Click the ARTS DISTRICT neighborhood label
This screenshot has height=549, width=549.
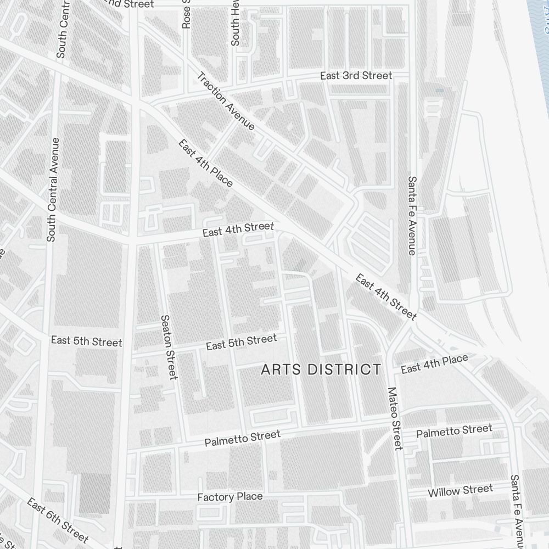click(x=321, y=369)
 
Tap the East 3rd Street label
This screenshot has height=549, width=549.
click(x=356, y=76)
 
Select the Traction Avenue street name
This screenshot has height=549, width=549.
click(x=226, y=102)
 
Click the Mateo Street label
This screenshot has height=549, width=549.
click(x=395, y=418)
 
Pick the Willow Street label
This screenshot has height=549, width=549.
click(x=460, y=490)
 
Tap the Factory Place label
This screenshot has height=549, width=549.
click(x=229, y=497)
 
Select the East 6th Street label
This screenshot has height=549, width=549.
click(x=57, y=520)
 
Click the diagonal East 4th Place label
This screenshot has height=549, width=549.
click(x=206, y=163)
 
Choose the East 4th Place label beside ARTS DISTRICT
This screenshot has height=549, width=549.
click(x=434, y=364)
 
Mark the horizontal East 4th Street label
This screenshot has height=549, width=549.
click(x=238, y=229)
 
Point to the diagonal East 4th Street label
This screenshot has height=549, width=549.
click(x=386, y=297)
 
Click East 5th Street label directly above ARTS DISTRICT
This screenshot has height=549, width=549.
click(x=242, y=342)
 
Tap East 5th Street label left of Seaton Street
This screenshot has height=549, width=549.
click(x=86, y=341)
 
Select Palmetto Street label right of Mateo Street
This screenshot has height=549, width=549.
click(x=454, y=431)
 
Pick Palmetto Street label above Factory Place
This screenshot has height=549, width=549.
click(x=242, y=438)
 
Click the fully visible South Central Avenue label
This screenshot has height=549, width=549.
click(x=52, y=189)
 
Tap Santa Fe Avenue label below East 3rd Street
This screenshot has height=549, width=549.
click(x=412, y=215)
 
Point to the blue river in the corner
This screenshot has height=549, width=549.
click(x=541, y=16)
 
